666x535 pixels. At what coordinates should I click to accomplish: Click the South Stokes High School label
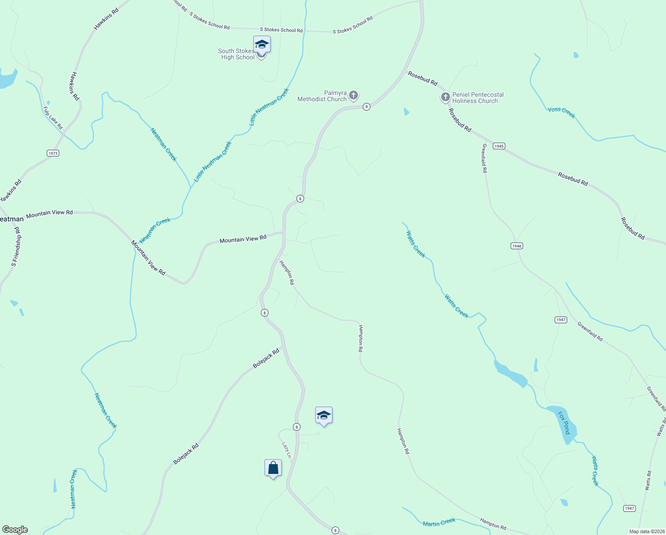pos(236,54)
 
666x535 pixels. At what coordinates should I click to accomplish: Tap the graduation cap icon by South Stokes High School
pos(262,45)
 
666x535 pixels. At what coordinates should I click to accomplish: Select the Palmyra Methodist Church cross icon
pos(353,95)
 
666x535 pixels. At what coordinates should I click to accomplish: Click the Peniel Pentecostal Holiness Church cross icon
pos(445,97)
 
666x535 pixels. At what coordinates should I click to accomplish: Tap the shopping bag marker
pos(273,468)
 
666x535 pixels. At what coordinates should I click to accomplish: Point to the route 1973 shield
pos(53,153)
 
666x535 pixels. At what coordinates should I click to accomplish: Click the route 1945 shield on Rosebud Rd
pos(499,146)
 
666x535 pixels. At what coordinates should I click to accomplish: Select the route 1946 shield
pos(516,246)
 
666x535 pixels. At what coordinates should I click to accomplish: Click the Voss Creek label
pos(561,112)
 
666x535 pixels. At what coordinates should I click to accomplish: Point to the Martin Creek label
pos(439,523)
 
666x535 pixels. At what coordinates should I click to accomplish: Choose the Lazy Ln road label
pos(286,450)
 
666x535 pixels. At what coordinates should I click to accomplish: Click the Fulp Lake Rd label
pos(53,118)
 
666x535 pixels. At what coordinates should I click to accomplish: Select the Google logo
pos(15,530)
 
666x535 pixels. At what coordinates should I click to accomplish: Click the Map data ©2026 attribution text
pos(646,531)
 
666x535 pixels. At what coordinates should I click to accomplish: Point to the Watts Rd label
pos(648,481)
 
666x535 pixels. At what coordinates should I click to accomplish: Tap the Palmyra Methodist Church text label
pos(322,96)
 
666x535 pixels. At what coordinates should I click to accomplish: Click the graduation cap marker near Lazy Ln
pos(324,416)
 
